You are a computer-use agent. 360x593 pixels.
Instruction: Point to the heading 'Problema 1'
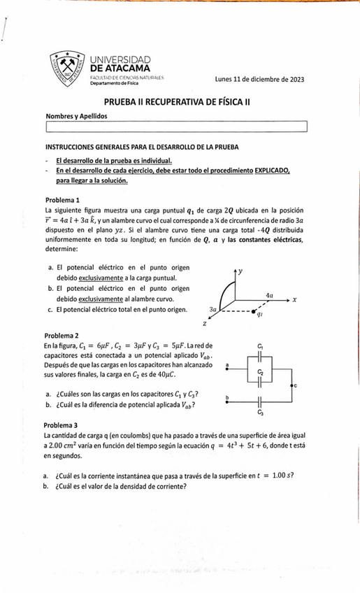click(x=62, y=199)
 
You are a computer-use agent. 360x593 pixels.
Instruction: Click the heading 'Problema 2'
click(x=62, y=335)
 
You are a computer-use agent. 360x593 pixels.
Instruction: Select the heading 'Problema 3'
click(x=62, y=425)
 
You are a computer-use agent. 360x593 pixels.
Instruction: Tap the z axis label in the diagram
click(x=205, y=324)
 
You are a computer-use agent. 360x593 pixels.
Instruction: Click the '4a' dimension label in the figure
click(x=270, y=295)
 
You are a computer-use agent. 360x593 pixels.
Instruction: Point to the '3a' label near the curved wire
click(x=213, y=308)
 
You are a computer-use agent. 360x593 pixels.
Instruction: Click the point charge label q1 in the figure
click(x=260, y=315)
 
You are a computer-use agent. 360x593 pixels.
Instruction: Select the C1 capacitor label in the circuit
click(x=260, y=346)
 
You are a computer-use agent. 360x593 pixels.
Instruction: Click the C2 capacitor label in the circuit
click(x=260, y=372)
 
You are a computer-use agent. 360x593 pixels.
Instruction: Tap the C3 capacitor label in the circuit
click(x=260, y=413)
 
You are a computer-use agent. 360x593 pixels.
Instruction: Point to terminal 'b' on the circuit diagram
click(x=227, y=397)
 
